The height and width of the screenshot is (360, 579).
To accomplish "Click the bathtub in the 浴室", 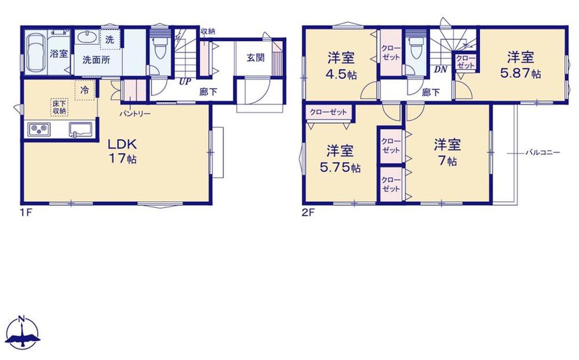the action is click(37, 53).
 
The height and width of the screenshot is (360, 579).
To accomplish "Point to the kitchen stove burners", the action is click(39, 129).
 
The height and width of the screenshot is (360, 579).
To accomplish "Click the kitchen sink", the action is click(81, 129).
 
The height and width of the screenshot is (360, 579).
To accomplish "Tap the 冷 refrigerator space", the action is click(85, 90).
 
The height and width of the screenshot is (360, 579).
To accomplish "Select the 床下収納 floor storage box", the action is click(59, 107).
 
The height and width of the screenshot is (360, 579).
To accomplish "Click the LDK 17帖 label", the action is click(122, 152).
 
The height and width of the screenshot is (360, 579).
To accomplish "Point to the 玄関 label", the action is click(256, 57).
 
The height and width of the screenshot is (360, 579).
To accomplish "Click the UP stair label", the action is click(185, 82).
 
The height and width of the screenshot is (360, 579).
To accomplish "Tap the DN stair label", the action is click(441, 69).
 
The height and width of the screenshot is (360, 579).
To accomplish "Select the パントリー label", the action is click(135, 113).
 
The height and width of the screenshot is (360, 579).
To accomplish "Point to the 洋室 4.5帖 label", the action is click(341, 66).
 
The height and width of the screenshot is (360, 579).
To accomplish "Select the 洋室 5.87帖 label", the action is click(521, 65).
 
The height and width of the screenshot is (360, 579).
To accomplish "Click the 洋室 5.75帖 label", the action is click(340, 159).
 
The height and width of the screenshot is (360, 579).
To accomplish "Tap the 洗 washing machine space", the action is click(110, 40).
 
